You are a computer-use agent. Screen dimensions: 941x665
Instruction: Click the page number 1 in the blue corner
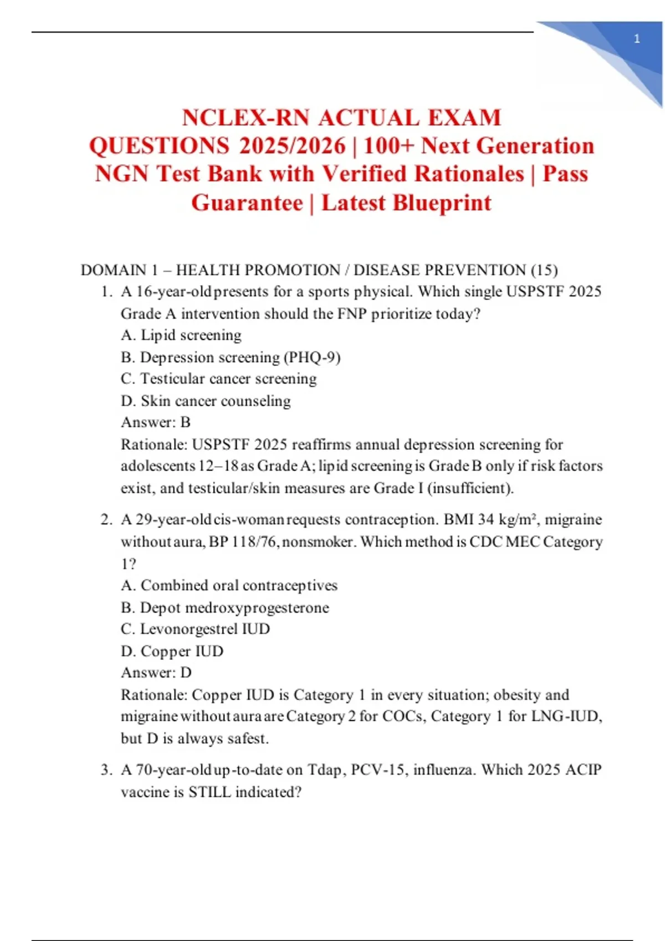pos(637,39)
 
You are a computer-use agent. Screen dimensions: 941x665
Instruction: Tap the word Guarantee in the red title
pos(247,203)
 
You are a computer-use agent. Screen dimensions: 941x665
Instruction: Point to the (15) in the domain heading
pos(544,270)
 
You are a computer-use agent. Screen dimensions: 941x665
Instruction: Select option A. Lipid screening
pos(181,335)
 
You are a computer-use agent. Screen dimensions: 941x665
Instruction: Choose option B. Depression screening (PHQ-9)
pos(231,358)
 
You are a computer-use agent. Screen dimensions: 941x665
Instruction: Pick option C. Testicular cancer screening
pos(219,379)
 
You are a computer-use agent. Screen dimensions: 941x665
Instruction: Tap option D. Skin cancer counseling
pos(206,401)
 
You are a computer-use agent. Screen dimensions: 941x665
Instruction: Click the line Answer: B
pos(156,422)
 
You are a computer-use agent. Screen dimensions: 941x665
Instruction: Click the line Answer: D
pos(156,673)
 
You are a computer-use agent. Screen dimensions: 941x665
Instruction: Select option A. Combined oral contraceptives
pos(229,586)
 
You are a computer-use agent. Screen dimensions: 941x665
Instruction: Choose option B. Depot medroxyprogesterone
pos(225,608)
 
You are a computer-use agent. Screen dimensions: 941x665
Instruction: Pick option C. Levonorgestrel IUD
pos(196,629)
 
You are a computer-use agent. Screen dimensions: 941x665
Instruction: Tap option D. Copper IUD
pos(172,651)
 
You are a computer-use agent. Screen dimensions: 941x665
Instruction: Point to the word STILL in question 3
pos(209,792)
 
